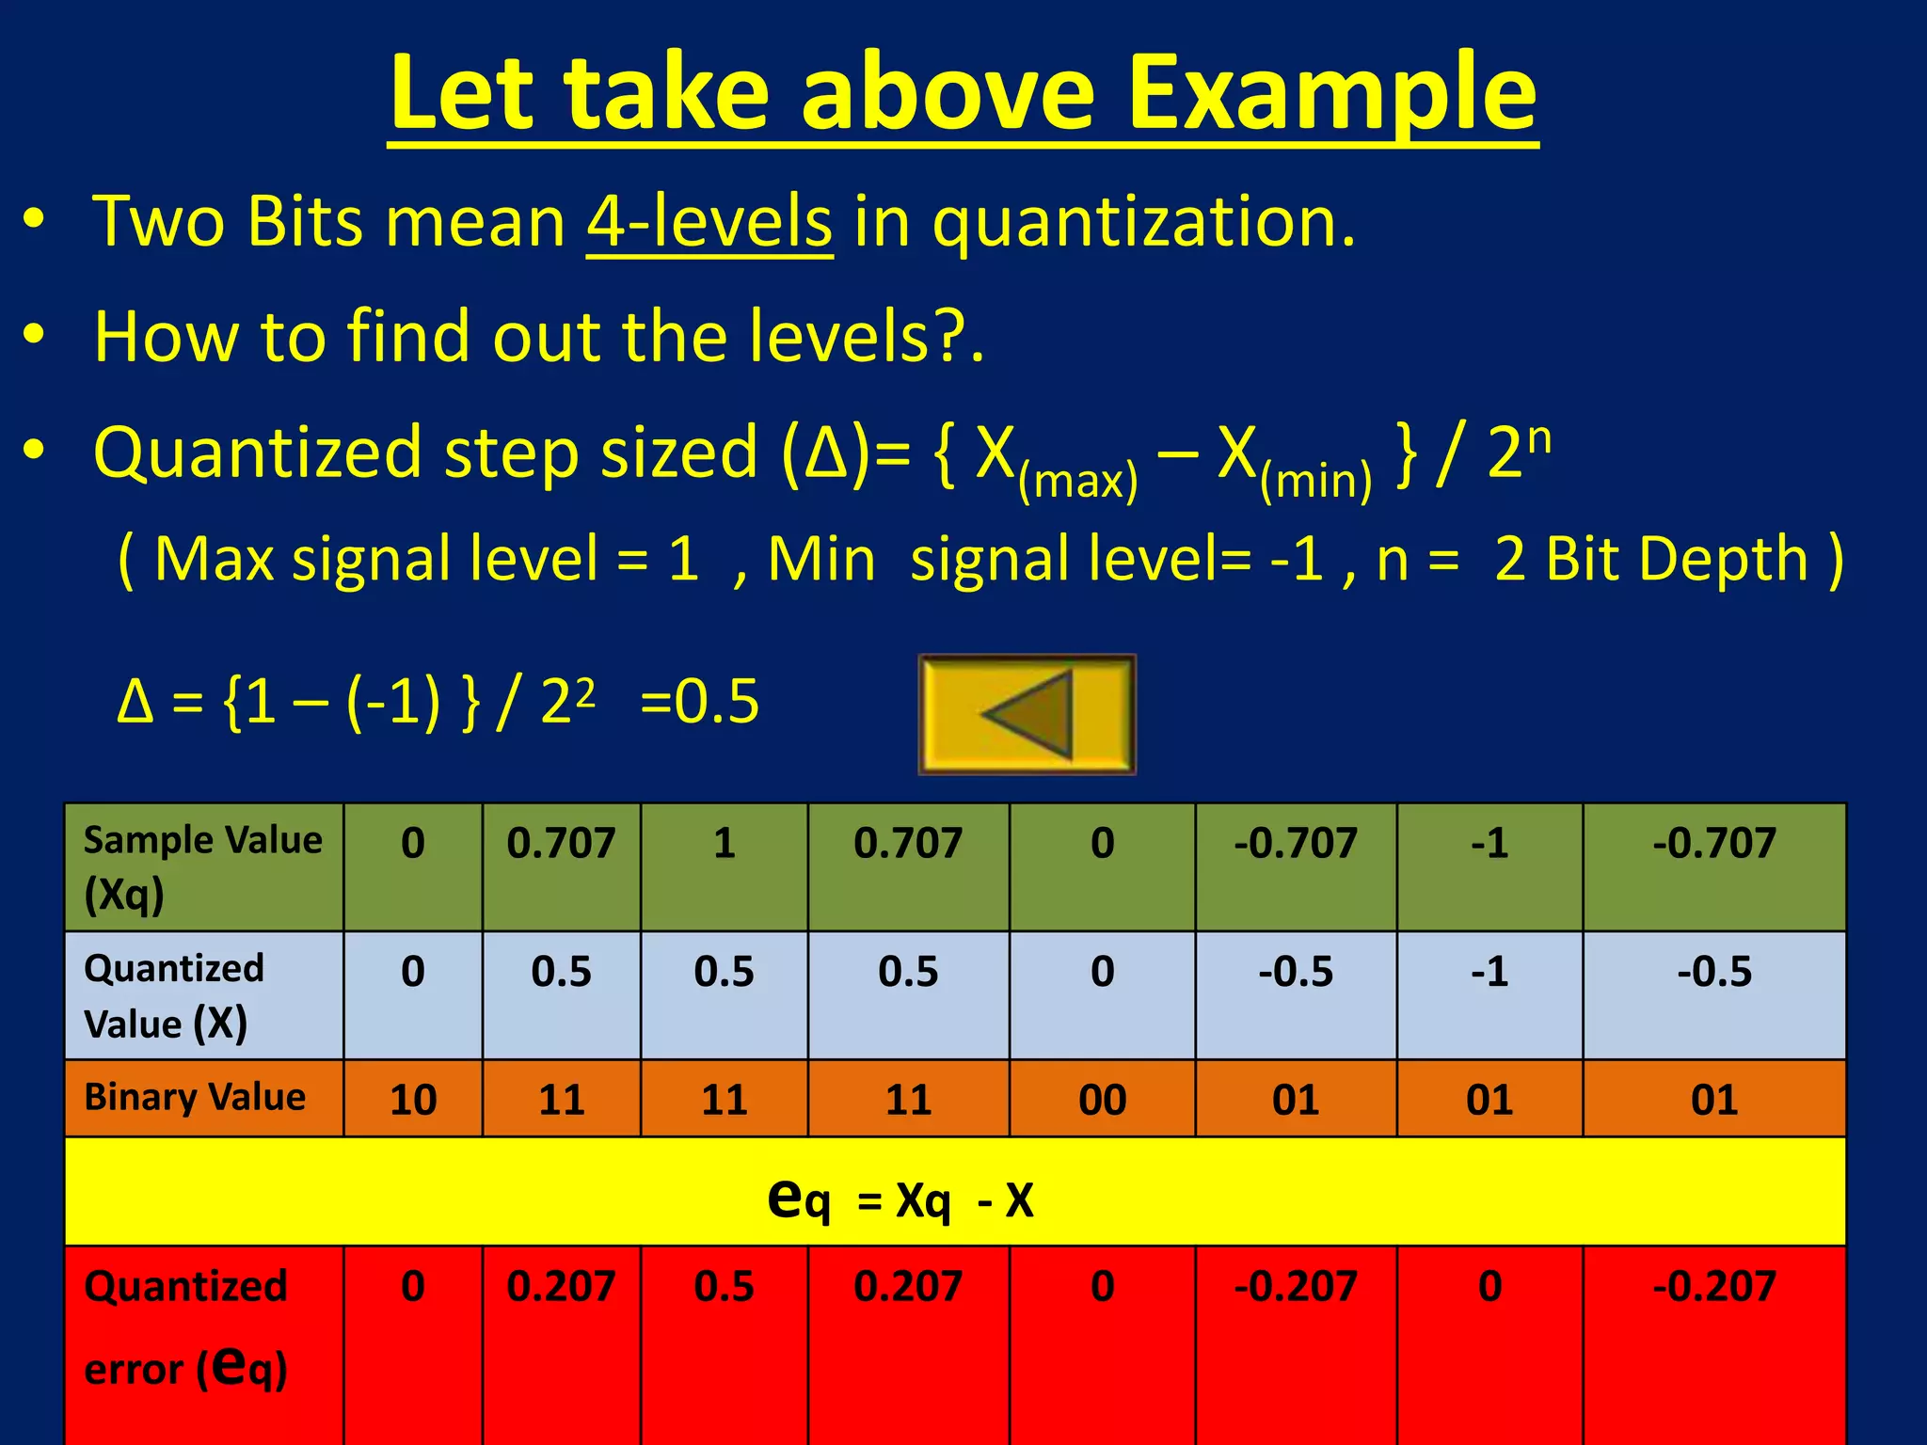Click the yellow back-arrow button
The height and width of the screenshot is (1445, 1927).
pos(1027,714)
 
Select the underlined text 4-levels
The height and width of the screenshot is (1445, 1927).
pos(709,222)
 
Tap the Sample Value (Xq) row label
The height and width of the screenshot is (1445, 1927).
pos(202,866)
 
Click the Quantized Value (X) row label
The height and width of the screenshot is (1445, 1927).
pos(174,995)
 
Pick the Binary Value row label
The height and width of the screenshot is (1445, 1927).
pos(195,1098)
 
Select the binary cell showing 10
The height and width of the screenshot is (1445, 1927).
pos(413,1100)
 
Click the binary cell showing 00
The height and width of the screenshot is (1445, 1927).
pos(1102,1100)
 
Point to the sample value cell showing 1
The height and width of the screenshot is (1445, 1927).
pos(724,843)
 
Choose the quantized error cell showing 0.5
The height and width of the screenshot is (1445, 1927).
pos(724,1286)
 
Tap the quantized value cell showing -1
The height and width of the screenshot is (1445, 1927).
pos(1489,971)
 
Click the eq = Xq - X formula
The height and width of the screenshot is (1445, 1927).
pos(900,1199)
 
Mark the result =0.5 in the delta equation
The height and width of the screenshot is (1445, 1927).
pos(699,702)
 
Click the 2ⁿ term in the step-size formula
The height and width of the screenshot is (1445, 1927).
pos(1517,452)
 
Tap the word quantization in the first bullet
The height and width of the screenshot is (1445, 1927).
pos(1143,222)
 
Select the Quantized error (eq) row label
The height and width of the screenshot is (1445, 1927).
pos(185,1326)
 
